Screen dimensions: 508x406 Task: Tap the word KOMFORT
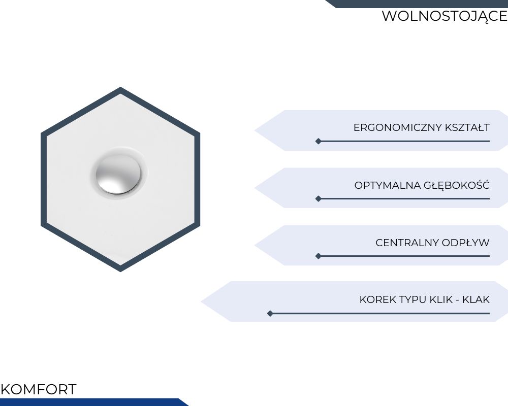[x=39, y=389]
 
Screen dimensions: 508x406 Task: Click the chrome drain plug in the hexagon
[x=118, y=175]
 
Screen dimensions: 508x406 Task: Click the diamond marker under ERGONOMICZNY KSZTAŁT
[x=319, y=141]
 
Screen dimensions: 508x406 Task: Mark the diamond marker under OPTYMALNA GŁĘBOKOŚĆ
[x=319, y=198]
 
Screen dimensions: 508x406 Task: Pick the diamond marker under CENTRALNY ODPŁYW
[x=319, y=256]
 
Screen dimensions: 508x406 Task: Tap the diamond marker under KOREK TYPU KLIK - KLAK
[x=270, y=314]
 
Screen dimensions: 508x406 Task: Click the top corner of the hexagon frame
[x=120, y=87]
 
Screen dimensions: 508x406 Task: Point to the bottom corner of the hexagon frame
[x=120, y=272]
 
